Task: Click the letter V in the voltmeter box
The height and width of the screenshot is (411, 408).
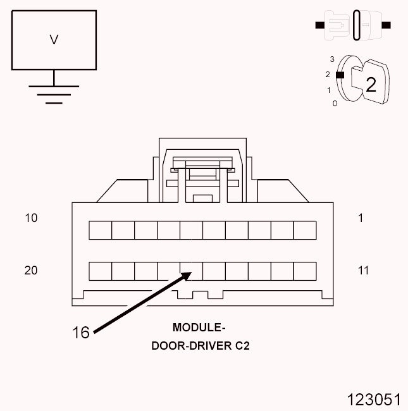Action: coord(54,40)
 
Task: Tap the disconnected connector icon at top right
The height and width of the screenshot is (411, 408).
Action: coord(354,25)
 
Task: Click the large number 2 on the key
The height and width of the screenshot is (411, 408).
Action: coord(371,85)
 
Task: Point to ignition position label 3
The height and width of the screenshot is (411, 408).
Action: coord(331,59)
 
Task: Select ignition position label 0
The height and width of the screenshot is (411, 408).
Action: coord(335,103)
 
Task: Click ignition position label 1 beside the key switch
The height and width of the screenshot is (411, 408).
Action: coord(329,90)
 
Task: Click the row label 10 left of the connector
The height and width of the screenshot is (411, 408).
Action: coord(31,218)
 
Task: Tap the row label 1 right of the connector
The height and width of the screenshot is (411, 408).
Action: coord(361,218)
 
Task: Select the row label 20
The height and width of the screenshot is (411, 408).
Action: coord(31,271)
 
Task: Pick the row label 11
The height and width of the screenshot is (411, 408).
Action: coord(363,271)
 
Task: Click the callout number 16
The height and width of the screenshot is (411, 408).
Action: coord(81,333)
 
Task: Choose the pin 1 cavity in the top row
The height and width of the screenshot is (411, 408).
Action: coord(305,230)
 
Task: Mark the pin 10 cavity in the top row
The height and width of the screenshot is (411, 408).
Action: coord(100,230)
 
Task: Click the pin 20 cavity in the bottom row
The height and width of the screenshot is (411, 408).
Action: coord(100,271)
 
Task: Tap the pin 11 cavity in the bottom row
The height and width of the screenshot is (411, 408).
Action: coord(305,271)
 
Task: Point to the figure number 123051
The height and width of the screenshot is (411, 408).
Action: coord(373,400)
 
